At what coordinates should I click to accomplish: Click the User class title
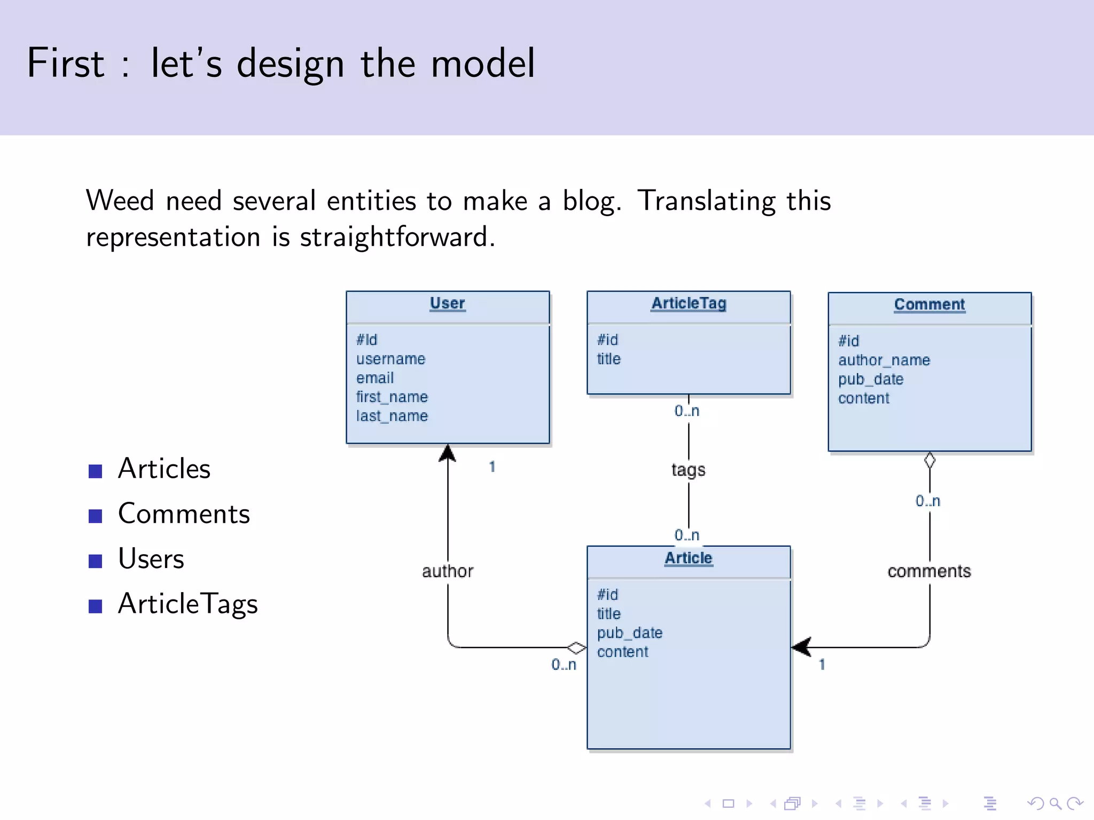tap(447, 303)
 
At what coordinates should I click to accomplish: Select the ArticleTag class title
tap(689, 303)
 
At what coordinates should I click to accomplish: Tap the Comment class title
tap(929, 304)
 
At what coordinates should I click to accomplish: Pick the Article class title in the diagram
tap(688, 558)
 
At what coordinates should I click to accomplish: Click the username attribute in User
tap(390, 359)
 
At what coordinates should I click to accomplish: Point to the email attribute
tap(374, 378)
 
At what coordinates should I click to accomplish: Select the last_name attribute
tap(392, 416)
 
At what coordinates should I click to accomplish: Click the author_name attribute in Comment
tap(884, 360)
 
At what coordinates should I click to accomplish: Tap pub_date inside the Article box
tap(629, 633)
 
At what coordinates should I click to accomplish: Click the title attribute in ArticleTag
tap(608, 359)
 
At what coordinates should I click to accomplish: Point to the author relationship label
tap(447, 571)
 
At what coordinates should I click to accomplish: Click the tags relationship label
tap(688, 470)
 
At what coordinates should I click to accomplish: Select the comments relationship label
tap(929, 571)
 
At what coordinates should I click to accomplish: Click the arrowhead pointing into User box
tap(447, 454)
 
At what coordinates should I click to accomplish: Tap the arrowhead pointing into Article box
tap(801, 647)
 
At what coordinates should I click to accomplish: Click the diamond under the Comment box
tap(929, 460)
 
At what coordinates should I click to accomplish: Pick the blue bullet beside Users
tap(95, 561)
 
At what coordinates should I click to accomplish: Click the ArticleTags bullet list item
tap(187, 604)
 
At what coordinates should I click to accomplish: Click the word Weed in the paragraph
tap(120, 201)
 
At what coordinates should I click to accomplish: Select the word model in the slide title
tap(482, 63)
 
